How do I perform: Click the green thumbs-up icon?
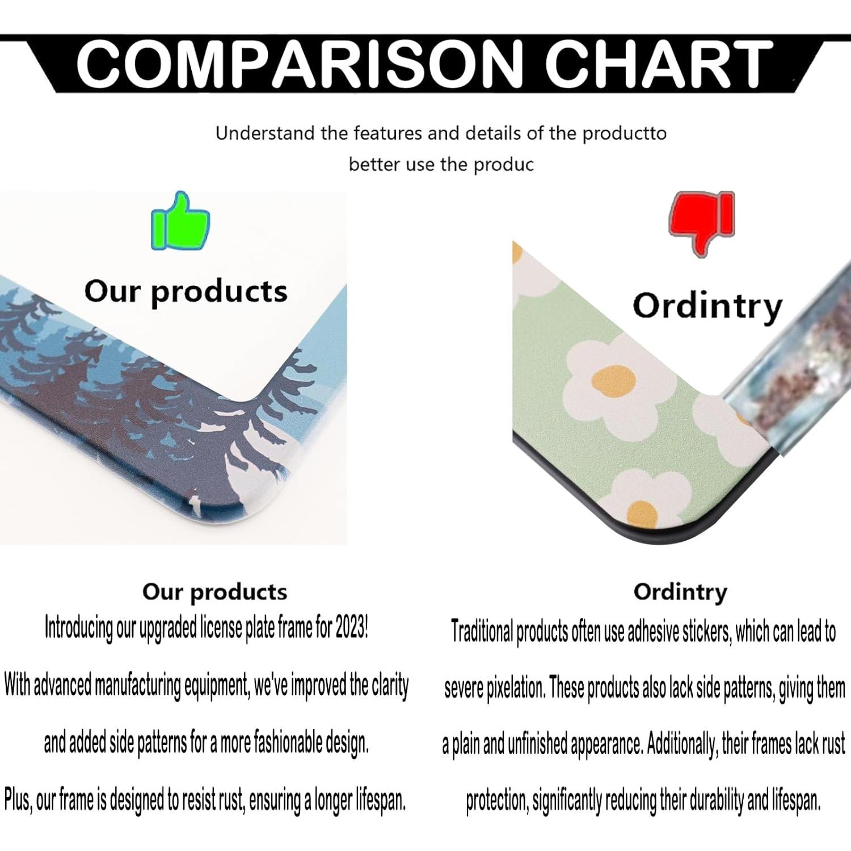[x=180, y=222]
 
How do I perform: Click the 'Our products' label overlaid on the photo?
[x=186, y=292]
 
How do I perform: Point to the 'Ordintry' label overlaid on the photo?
[x=707, y=306]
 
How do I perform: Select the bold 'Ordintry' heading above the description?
[x=680, y=592]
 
